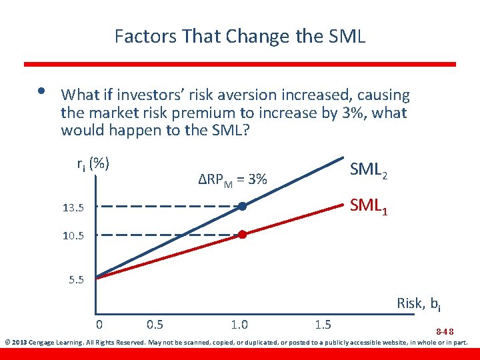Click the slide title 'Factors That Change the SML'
(x=240, y=35)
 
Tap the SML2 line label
(x=368, y=171)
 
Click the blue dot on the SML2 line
(x=243, y=207)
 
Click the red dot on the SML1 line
(x=243, y=235)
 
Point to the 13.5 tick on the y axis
(x=73, y=209)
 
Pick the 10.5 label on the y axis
(x=73, y=236)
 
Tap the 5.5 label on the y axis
(x=77, y=279)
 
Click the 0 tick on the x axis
(x=99, y=325)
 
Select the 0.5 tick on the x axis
(x=155, y=325)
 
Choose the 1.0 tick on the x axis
(x=239, y=325)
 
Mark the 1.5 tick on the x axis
(x=323, y=325)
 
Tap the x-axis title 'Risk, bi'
(x=418, y=304)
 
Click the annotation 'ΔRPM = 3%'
(x=233, y=179)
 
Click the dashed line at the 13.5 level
(x=167, y=207)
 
